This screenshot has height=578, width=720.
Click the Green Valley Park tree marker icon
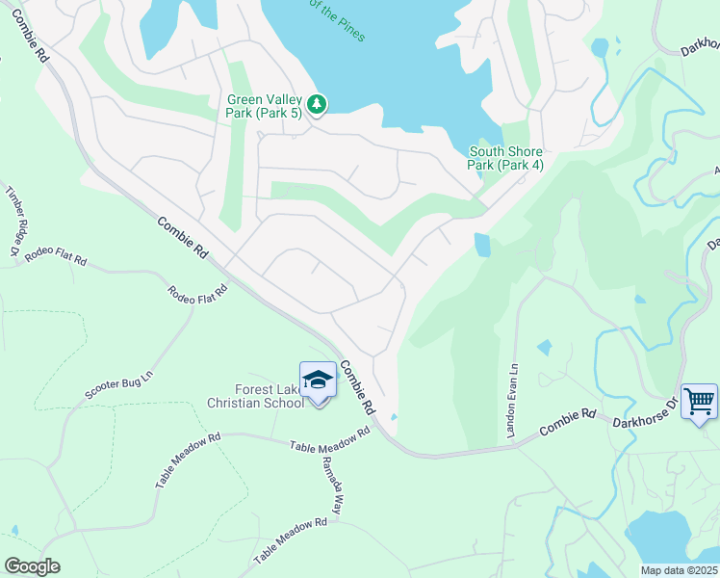tap(318, 103)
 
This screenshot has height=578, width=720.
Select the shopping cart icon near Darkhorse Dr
tap(699, 400)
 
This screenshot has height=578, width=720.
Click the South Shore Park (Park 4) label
tap(505, 158)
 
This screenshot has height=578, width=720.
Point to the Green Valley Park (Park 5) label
tap(265, 106)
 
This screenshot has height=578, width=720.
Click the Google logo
tap(32, 566)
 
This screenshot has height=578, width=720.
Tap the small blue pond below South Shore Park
tap(481, 245)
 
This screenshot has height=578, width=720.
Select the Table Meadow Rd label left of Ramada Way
tap(187, 460)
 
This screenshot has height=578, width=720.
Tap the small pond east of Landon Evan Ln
tap(545, 346)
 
